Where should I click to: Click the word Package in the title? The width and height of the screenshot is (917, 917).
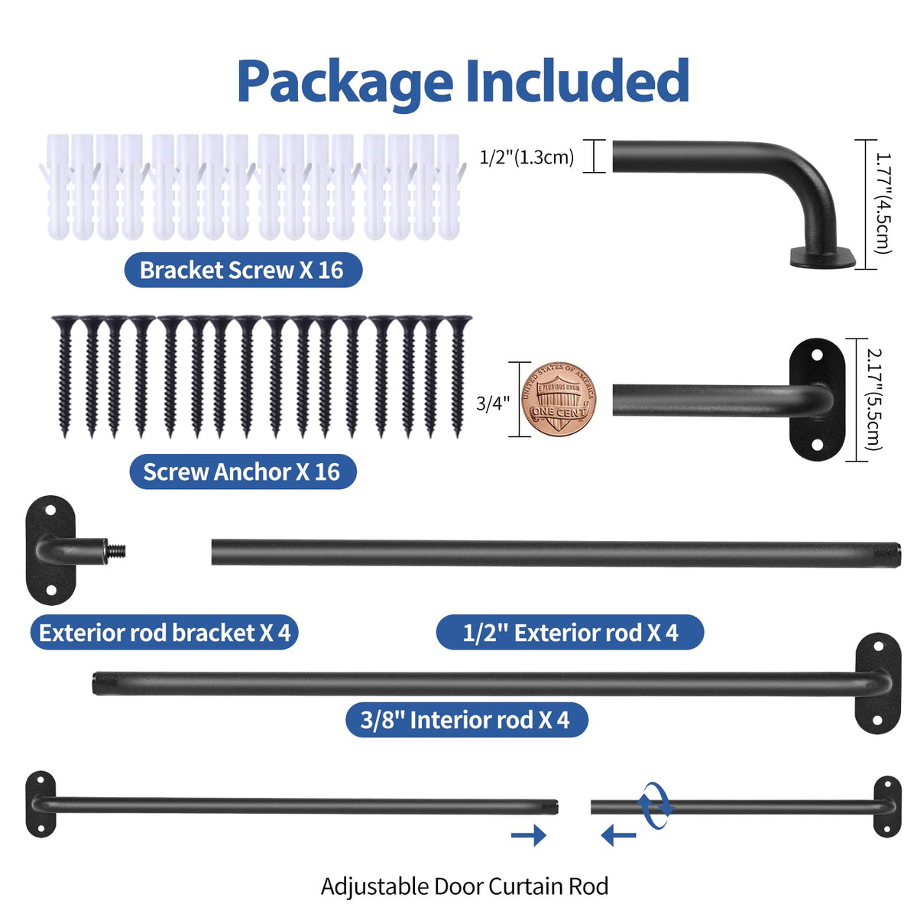pyautogui.click(x=345, y=83)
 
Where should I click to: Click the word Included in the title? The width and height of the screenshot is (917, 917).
pyautogui.click(x=577, y=79)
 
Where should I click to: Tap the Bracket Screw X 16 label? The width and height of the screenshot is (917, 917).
pyautogui.click(x=243, y=270)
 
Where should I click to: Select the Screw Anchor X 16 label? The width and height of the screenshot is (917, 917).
pyautogui.click(x=243, y=471)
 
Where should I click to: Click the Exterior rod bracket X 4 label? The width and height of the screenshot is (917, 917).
pyautogui.click(x=164, y=633)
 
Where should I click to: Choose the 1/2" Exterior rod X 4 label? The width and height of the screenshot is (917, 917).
pyautogui.click(x=569, y=633)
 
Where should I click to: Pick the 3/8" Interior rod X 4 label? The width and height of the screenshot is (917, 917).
pyautogui.click(x=466, y=720)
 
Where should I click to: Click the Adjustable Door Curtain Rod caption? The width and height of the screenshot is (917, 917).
pyautogui.click(x=465, y=886)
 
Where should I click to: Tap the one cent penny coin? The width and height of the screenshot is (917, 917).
pyautogui.click(x=559, y=399)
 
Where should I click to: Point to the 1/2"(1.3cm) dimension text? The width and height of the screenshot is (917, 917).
pyautogui.click(x=527, y=157)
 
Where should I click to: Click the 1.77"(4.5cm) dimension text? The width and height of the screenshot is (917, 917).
pyautogui.click(x=883, y=204)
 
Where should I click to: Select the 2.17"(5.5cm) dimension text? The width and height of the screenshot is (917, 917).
pyautogui.click(x=875, y=400)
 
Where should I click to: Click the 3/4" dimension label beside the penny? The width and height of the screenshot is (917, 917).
pyautogui.click(x=493, y=403)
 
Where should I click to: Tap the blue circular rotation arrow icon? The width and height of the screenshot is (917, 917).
pyautogui.click(x=656, y=805)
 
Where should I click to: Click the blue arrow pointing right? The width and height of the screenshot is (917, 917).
pyautogui.click(x=529, y=835)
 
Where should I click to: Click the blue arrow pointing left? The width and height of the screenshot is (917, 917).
pyautogui.click(x=618, y=835)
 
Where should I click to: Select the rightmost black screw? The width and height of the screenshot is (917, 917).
pyautogui.click(x=458, y=376)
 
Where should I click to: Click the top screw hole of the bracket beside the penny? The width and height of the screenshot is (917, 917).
pyautogui.click(x=817, y=355)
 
